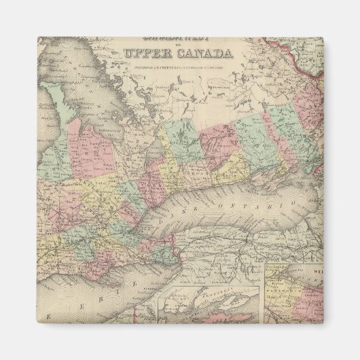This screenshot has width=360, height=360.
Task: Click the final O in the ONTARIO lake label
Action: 291,202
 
